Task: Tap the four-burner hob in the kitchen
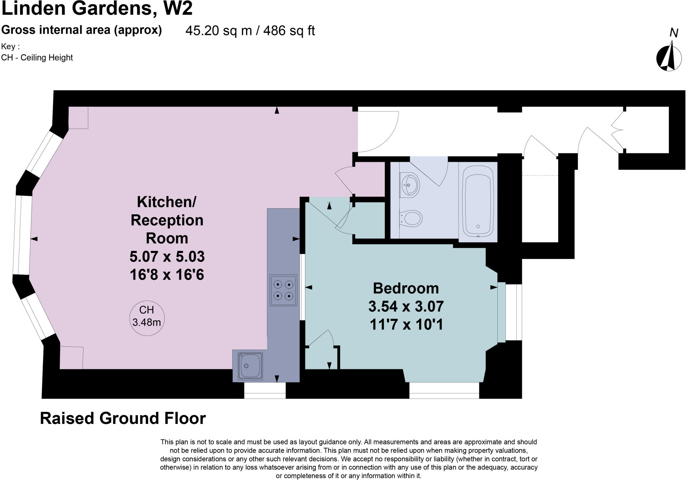click(x=283, y=290)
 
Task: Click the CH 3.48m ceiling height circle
click(x=147, y=318)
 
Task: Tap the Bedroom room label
click(x=406, y=288)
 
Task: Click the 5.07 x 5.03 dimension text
click(x=167, y=257)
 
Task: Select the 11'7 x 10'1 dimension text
click(x=406, y=324)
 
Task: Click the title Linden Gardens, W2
click(x=97, y=8)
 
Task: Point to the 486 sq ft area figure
click(x=289, y=31)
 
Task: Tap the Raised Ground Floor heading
click(x=123, y=418)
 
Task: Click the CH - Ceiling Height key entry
click(x=37, y=57)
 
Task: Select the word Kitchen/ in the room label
click(x=167, y=202)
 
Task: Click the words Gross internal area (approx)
click(x=82, y=30)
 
